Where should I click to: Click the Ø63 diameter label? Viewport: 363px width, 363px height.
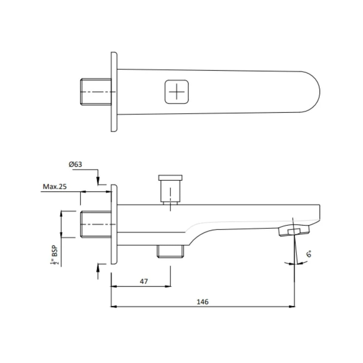click(75, 164)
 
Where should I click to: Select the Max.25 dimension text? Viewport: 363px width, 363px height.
click(54, 187)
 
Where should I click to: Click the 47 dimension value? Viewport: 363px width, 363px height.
click(144, 281)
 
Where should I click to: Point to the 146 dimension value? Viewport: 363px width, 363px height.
click(202, 301)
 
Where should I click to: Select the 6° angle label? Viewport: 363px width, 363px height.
click(309, 254)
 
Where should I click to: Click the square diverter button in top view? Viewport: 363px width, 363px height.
click(176, 91)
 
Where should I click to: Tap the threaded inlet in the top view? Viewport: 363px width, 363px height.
click(96, 92)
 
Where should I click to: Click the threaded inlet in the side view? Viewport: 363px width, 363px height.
click(96, 224)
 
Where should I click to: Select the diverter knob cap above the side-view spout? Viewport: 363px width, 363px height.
click(170, 178)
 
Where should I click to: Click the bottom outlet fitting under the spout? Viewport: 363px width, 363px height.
click(170, 251)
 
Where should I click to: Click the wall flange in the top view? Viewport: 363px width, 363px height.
click(114, 92)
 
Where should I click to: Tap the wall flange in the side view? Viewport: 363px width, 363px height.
click(114, 224)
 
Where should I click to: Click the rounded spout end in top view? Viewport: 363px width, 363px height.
click(313, 92)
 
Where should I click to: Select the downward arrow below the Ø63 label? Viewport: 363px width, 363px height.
click(98, 181)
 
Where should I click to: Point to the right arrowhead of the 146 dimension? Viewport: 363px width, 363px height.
click(292, 307)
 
